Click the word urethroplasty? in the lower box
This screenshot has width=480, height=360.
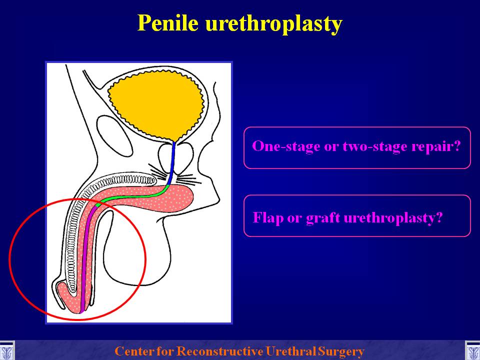393,218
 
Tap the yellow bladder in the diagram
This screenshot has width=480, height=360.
156,104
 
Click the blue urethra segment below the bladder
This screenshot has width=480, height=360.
171,164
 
